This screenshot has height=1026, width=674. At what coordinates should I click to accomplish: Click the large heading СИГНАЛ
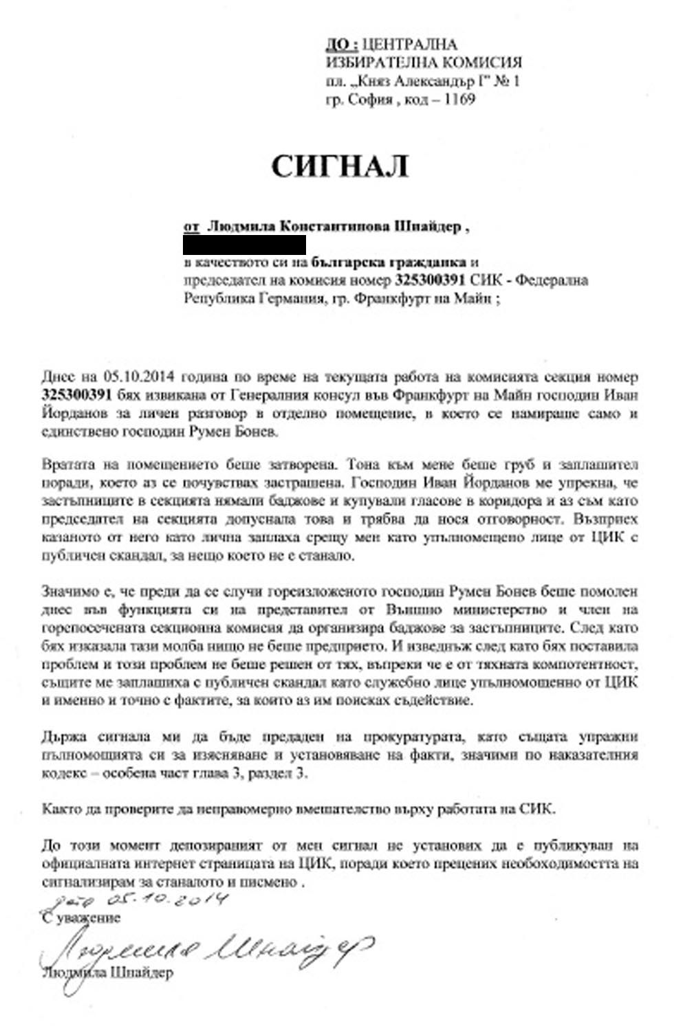pos(340,166)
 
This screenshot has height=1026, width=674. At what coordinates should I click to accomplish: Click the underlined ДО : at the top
pos(341,45)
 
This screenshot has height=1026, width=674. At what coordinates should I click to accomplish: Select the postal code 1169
pos(459,99)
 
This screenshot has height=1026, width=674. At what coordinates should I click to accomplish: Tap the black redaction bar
pos(244,244)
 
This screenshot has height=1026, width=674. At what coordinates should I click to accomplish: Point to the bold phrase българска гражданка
pos(389,262)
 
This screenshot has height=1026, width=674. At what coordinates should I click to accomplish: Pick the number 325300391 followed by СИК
pos(431,280)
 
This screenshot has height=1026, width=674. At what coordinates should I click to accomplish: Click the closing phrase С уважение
pos(81,918)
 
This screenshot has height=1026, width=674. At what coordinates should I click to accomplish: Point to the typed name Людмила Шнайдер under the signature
pos(107,972)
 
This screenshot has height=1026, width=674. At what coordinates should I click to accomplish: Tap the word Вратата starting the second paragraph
pos(66,464)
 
